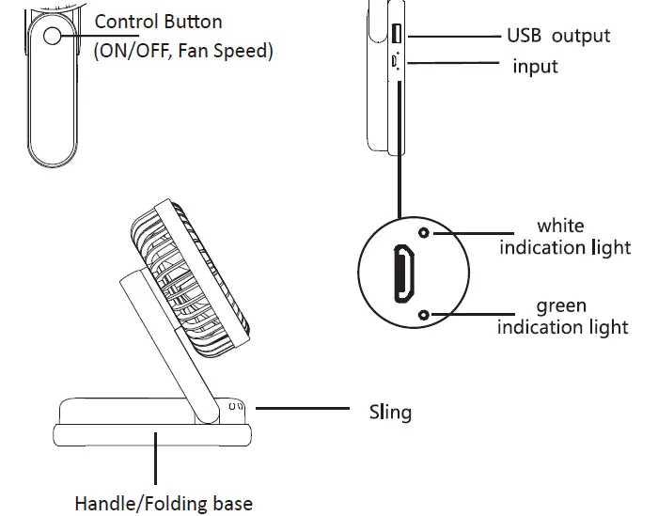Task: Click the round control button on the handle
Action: click(52, 35)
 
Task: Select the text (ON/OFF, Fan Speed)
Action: click(184, 51)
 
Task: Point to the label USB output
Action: click(558, 36)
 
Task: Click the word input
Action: click(535, 67)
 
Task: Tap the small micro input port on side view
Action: click(395, 61)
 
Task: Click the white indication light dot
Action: click(424, 232)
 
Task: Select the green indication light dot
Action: click(424, 315)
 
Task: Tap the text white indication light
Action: click(564, 237)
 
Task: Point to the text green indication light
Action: click(562, 317)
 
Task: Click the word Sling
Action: click(389, 412)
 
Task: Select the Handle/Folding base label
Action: click(164, 504)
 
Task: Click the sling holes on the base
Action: click(237, 408)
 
